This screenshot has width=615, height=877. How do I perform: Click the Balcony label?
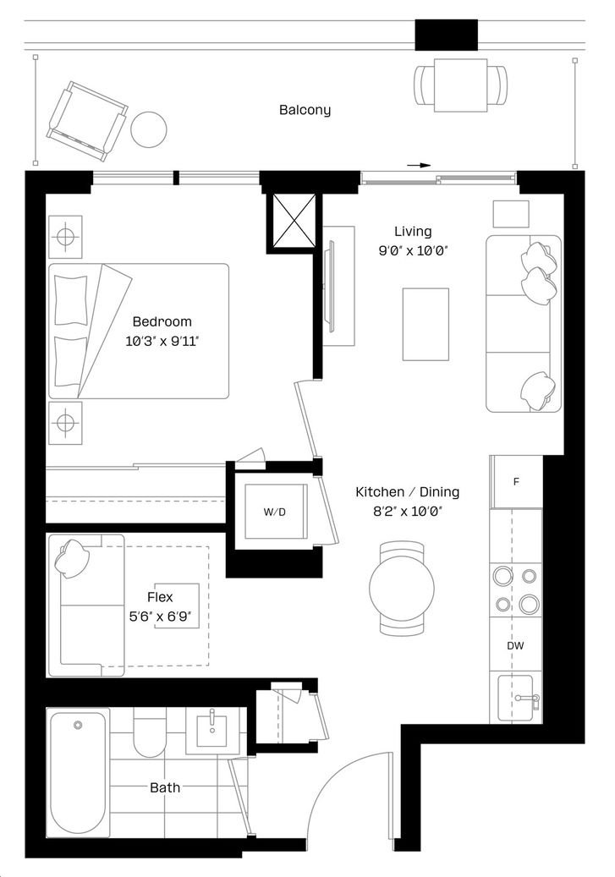[x=305, y=110]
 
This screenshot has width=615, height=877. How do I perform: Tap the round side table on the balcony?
[x=148, y=129]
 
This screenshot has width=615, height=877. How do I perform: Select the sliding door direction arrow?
[x=419, y=166]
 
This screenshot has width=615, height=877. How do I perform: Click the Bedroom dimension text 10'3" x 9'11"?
[x=162, y=341]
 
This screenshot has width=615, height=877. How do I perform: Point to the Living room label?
[x=413, y=232]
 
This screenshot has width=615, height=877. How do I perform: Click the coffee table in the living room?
[x=426, y=325]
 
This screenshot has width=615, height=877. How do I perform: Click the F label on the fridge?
[x=516, y=481]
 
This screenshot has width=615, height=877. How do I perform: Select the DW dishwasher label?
[x=515, y=646]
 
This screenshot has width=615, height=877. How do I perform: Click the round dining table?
[x=402, y=587]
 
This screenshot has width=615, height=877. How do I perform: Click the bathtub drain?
[x=78, y=725]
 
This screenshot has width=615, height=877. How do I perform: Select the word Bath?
[x=165, y=787]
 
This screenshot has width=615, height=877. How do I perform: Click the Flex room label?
[x=160, y=597]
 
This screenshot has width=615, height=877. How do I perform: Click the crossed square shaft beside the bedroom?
[x=294, y=221]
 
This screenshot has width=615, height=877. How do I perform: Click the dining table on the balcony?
[x=460, y=85]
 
